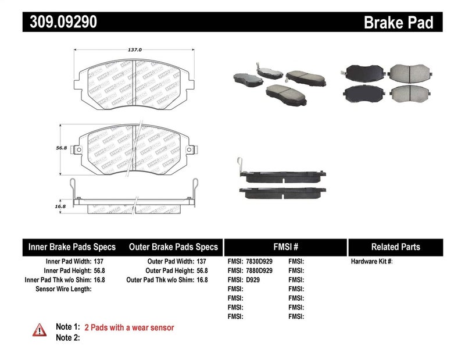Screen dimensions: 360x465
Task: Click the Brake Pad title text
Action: pos(398,23)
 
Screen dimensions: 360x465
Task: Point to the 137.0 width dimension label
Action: pos(135,50)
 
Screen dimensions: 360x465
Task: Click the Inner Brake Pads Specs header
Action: pos(72,247)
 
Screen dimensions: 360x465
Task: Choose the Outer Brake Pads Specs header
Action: pos(173,247)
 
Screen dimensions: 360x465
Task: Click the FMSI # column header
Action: pos(285,247)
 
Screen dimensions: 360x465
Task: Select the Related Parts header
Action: pos(395,247)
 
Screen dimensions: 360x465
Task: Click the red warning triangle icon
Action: pos(40,330)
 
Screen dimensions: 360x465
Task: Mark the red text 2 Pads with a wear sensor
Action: pos(129,328)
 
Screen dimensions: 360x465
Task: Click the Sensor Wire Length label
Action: pos(63,288)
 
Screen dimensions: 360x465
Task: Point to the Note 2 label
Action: pos(67,337)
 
